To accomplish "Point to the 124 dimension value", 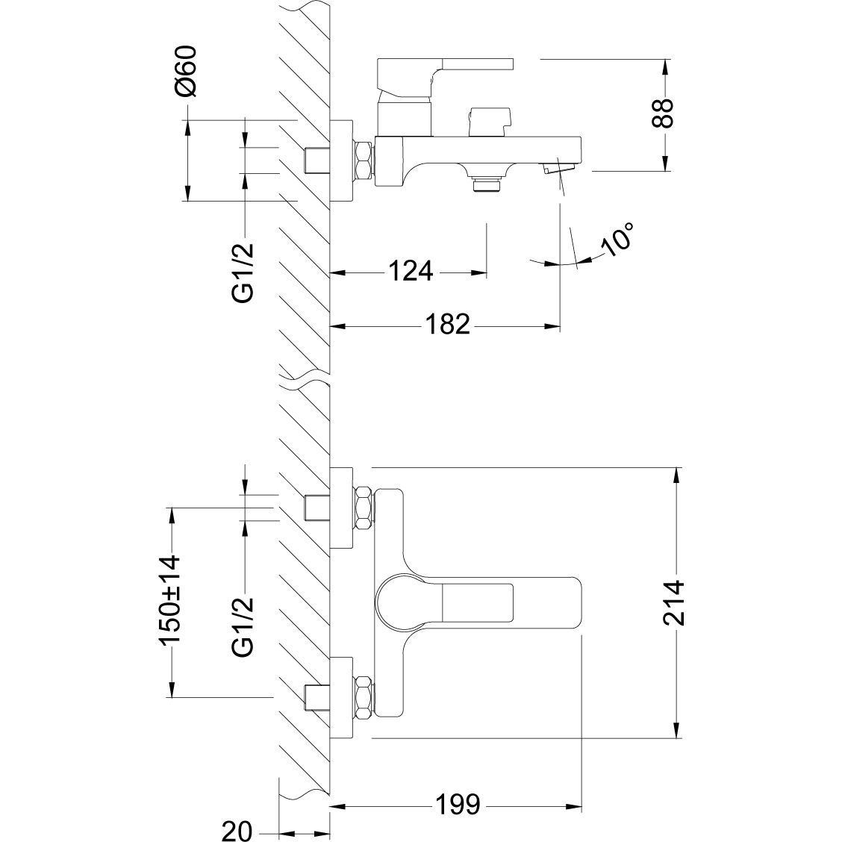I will pyautogui.click(x=409, y=271).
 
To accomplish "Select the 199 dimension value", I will pyautogui.click(x=456, y=805).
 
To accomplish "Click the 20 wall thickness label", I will pyautogui.click(x=237, y=831).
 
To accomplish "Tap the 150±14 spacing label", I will pyautogui.click(x=170, y=601).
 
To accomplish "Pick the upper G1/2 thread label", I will pyautogui.click(x=244, y=272).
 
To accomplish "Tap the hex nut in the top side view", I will pyautogui.click(x=364, y=160).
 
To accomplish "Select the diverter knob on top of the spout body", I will pyautogui.click(x=490, y=120).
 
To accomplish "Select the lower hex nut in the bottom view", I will pyautogui.click(x=364, y=698).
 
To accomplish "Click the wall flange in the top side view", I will pyautogui.click(x=342, y=160).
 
